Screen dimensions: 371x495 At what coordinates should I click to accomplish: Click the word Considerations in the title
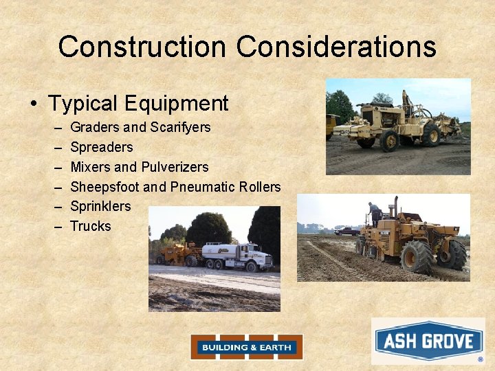coord(337,47)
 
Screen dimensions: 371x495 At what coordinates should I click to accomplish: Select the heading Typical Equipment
coord(137,104)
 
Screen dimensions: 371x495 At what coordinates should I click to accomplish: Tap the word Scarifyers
coord(180,127)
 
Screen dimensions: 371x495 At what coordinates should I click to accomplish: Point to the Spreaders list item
coord(102,147)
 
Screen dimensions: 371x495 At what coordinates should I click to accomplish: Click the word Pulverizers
coord(175,167)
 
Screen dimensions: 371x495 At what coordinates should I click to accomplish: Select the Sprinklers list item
coord(100,206)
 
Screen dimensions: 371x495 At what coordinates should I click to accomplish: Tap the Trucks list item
coord(91,226)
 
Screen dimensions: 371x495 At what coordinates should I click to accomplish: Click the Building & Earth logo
coord(246,347)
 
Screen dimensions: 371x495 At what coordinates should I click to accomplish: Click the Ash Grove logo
coord(428,341)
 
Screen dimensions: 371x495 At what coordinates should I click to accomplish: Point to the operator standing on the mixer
coord(374,214)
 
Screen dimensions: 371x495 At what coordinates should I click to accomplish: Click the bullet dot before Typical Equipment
coord(34,104)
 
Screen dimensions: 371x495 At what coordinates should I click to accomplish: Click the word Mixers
coord(90,167)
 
